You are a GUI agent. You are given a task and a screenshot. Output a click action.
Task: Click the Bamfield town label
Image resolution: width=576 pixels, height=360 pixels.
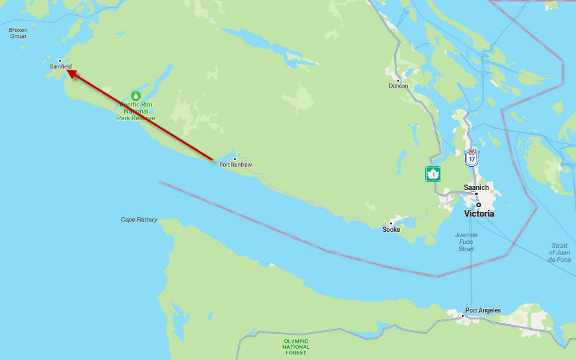pyautogui.click(x=60, y=66)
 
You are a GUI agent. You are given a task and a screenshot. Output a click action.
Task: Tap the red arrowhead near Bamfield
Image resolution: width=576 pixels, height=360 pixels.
pyautogui.click(x=71, y=74)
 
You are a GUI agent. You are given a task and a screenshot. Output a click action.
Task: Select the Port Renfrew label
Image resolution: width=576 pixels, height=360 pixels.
pyautogui.click(x=236, y=165)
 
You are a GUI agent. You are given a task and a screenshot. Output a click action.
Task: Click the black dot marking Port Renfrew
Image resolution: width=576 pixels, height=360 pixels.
pyautogui.click(x=235, y=159)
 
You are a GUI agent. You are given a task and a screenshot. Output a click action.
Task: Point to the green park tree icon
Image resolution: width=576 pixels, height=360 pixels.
pyautogui.click(x=136, y=96)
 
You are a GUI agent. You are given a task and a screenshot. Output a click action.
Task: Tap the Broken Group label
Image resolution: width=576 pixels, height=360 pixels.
pyautogui.click(x=18, y=33)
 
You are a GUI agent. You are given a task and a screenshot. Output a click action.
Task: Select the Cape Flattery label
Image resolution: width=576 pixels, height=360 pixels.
pyautogui.click(x=139, y=219)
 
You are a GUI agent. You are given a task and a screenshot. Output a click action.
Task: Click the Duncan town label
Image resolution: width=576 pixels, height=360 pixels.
pyautogui.click(x=399, y=86)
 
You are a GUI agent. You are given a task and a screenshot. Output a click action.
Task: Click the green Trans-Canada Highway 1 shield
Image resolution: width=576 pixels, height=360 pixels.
pyautogui.click(x=433, y=174)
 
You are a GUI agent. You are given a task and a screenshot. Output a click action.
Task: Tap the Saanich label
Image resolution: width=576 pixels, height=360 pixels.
pyautogui.click(x=476, y=187)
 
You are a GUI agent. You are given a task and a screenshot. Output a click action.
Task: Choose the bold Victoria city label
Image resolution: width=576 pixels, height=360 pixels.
pyautogui.click(x=479, y=214)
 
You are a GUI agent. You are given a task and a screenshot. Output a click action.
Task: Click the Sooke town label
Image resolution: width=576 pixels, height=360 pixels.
pyautogui.click(x=391, y=229)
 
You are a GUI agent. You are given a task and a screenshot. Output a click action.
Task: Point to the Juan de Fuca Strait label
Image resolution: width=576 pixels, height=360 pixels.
pyautogui.click(x=466, y=242)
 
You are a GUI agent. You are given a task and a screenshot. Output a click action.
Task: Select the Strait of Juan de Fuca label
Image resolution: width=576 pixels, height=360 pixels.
pyautogui.click(x=559, y=252)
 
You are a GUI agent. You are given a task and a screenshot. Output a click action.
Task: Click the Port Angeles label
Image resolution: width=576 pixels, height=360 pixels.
pyautogui.click(x=483, y=310)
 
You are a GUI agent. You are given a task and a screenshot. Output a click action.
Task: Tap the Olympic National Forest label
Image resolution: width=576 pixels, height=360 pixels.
pyautogui.click(x=296, y=346)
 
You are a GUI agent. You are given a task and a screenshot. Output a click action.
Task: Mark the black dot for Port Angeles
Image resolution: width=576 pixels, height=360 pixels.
pyautogui.click(x=462, y=315)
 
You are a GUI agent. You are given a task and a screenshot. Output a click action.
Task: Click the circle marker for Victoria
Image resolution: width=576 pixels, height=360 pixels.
pyautogui.click(x=478, y=205)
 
